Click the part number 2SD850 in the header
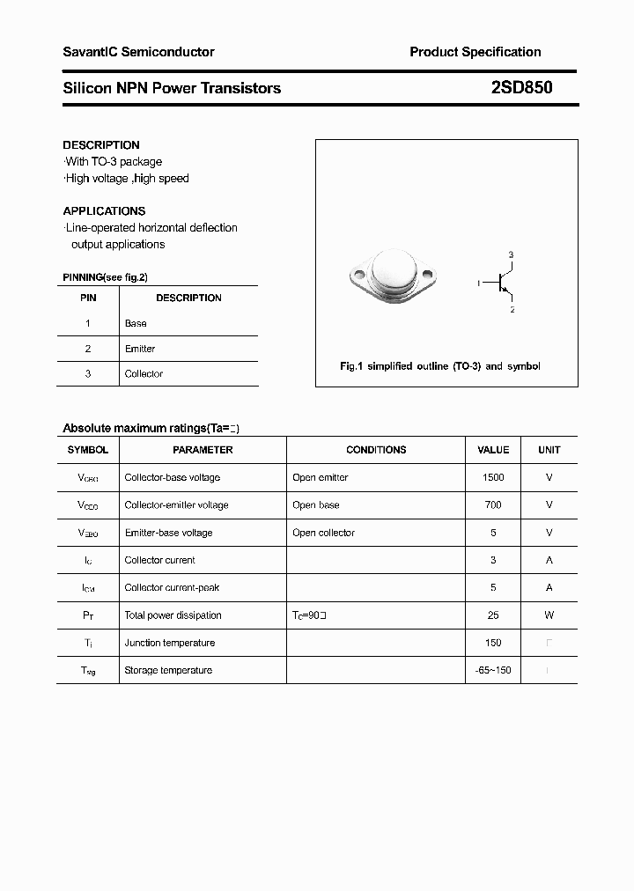pyautogui.click(x=522, y=88)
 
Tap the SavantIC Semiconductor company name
pyautogui.click(x=138, y=52)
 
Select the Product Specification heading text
pyautogui.click(x=475, y=52)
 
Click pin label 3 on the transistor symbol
pyautogui.click(x=512, y=254)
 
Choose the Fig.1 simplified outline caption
pyautogui.click(x=440, y=366)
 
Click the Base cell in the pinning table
pyautogui.click(x=136, y=323)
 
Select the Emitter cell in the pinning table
pyautogui.click(x=140, y=349)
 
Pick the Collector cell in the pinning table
pyautogui.click(x=144, y=374)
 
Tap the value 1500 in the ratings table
pyautogui.click(x=493, y=477)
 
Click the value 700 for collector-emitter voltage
pyautogui.click(x=493, y=505)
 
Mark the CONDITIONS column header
pyautogui.click(x=376, y=450)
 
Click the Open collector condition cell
pyautogui.click(x=323, y=533)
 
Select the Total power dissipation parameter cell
pyautogui.click(x=173, y=615)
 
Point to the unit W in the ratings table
pyautogui.click(x=549, y=615)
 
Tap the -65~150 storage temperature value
pyautogui.click(x=493, y=671)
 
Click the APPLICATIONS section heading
pyautogui.click(x=104, y=211)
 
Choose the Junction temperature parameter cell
pyautogui.click(x=169, y=644)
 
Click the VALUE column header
pyautogui.click(x=493, y=450)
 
